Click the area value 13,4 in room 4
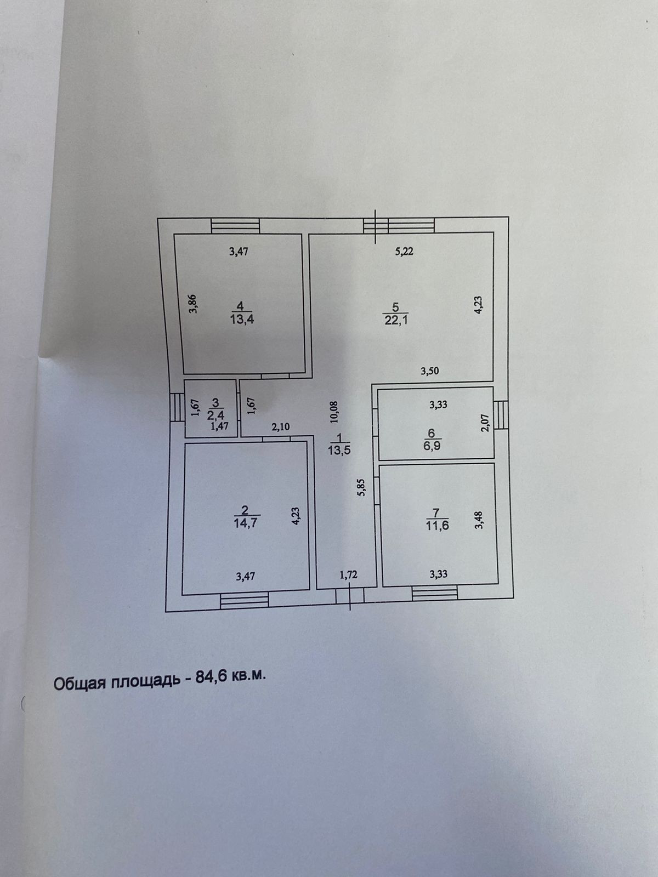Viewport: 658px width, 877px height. (x=242, y=320)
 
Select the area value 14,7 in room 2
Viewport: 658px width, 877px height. (x=246, y=523)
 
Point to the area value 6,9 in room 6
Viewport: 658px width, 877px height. (x=432, y=445)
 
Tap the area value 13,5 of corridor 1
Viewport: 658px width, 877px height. (x=340, y=450)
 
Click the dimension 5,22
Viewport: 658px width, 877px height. (x=404, y=252)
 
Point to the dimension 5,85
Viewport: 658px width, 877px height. (x=361, y=487)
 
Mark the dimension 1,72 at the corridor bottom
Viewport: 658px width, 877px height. (x=349, y=575)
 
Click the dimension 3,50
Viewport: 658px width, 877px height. (x=429, y=371)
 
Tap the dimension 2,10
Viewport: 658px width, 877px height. (x=280, y=426)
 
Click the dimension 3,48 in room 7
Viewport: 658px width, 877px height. (x=479, y=520)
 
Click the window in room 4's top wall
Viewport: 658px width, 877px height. (x=235, y=226)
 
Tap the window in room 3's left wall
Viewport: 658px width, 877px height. (x=177, y=407)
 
